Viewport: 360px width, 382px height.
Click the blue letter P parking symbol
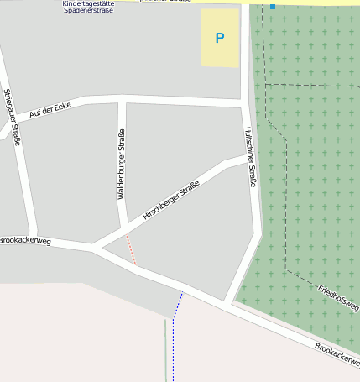tap(220, 38)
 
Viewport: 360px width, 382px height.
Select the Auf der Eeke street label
tap(50, 109)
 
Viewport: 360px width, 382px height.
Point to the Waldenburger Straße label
tap(122, 164)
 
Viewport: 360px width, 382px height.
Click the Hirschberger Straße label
tap(171, 201)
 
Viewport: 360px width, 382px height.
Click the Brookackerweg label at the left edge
tap(25, 241)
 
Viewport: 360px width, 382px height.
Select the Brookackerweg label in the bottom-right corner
tap(337, 358)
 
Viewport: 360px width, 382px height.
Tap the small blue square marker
tap(272, 7)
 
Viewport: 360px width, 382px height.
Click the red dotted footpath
tap(130, 249)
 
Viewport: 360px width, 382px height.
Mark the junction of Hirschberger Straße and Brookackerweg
tap(95, 247)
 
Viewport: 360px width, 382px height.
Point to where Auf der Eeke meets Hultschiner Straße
tap(246, 102)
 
